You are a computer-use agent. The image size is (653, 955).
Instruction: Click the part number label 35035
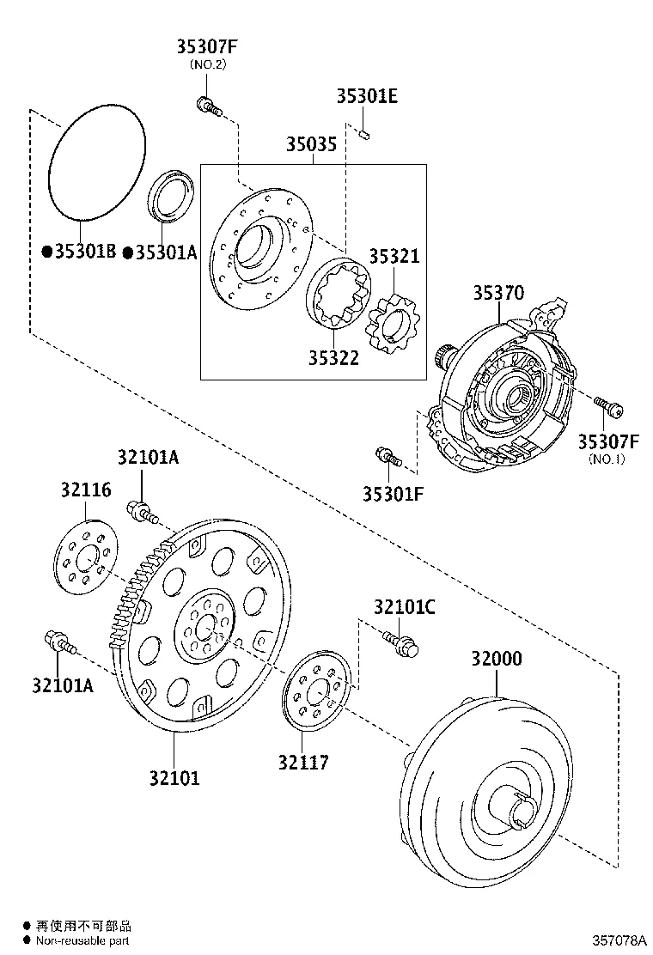[311, 144]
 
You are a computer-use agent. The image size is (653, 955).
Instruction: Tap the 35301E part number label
[367, 96]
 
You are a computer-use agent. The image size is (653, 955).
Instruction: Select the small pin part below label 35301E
[364, 133]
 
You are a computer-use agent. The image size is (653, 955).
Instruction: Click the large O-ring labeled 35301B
[95, 163]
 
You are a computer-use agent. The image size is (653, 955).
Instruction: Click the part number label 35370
[497, 293]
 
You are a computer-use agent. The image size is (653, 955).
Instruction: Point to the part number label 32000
[496, 660]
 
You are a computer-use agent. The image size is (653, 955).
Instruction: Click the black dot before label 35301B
[46, 252]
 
